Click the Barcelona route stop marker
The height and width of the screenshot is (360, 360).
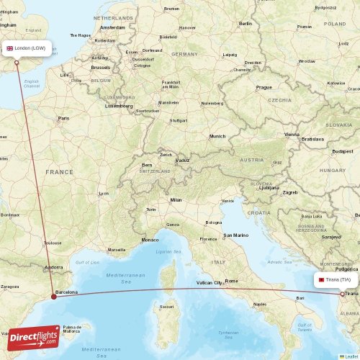tap(54, 295)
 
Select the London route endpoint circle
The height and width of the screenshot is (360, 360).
tap(17, 62)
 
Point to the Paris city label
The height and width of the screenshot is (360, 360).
tap(63, 118)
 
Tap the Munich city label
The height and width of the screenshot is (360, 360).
tap(217, 136)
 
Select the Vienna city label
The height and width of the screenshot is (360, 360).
tap(292, 134)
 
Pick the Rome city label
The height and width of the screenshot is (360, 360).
tap(231, 281)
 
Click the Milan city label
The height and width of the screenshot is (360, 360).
tap(176, 199)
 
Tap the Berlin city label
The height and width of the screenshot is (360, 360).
tap(246, 23)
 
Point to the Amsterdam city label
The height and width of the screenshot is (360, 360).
tap(112, 27)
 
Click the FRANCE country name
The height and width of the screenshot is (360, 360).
tap(59, 172)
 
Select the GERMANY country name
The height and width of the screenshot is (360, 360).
tap(184, 54)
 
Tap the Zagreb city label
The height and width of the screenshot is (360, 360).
tap(290, 192)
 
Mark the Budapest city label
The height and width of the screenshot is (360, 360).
tap(342, 151)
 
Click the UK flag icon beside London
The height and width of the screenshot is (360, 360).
tap(10, 48)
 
